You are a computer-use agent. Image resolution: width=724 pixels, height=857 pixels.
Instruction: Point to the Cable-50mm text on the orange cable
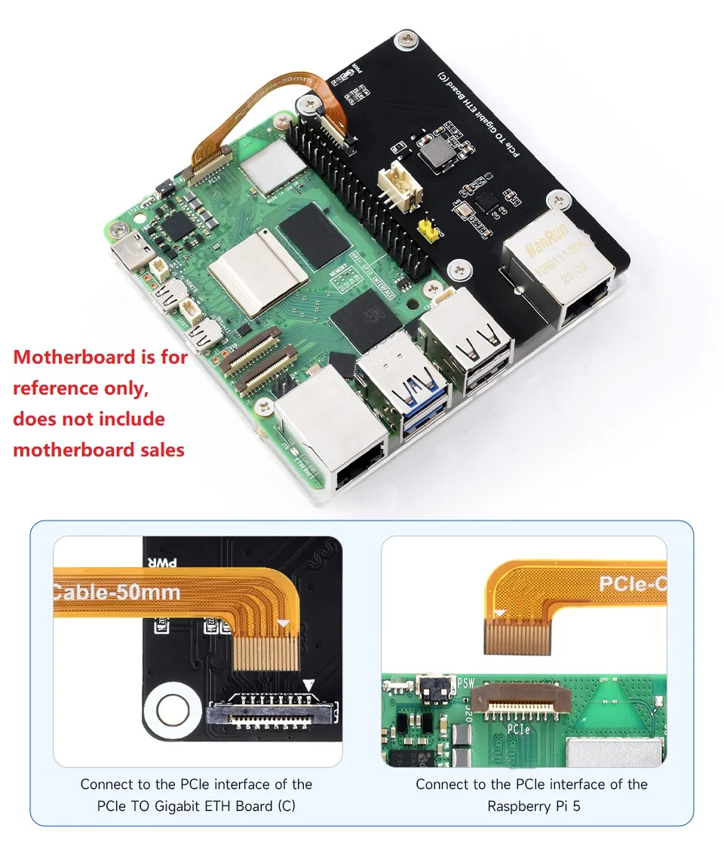117,591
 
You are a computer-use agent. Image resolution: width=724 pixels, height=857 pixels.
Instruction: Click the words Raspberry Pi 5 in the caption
533,806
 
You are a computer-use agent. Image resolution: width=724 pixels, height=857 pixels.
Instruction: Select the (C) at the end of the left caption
286,806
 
